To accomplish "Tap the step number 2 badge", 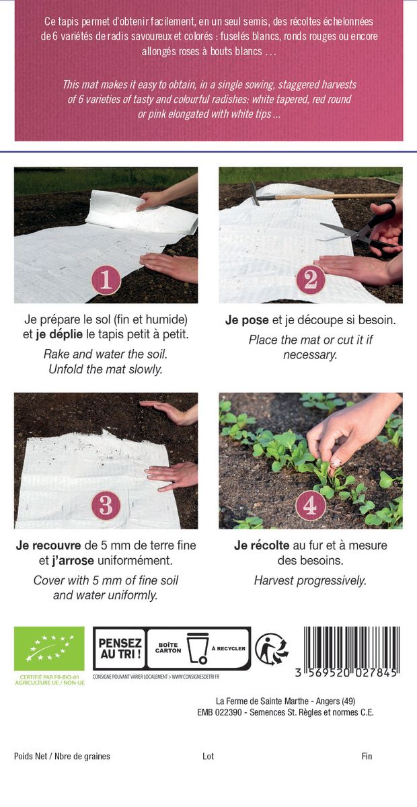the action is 310,280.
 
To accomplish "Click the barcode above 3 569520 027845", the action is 351,647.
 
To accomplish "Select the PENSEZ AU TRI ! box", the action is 120,648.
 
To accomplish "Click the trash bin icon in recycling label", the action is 198,648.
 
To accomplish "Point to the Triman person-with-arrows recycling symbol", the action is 272,649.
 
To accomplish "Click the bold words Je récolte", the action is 262,545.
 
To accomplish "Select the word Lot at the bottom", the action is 208,756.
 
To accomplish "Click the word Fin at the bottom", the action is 367,756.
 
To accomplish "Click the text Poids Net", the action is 30,756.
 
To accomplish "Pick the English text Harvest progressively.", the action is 310,580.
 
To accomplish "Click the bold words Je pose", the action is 247,320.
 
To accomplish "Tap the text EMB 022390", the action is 219,712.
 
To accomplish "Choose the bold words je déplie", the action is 59,334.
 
